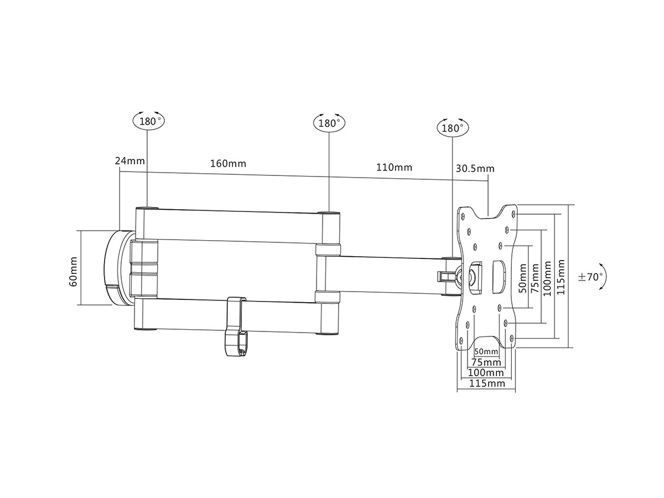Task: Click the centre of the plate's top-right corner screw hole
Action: (513, 214)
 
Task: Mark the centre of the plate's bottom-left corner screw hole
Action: (461, 340)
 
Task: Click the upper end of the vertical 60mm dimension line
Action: (81, 230)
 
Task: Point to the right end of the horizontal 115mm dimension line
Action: (515, 392)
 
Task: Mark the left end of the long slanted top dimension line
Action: (120, 172)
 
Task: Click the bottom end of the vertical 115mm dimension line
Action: (568, 347)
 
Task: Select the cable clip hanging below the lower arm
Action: (235, 326)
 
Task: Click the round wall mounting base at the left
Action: (120, 268)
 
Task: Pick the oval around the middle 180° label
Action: (329, 123)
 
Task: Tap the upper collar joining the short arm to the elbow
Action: (328, 250)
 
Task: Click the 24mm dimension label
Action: (130, 160)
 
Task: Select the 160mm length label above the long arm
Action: (228, 164)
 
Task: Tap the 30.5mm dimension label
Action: (475, 168)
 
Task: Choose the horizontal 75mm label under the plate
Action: (486, 362)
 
